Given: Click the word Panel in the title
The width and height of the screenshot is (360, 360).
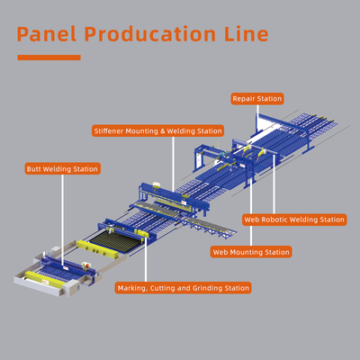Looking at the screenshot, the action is coord(47,33).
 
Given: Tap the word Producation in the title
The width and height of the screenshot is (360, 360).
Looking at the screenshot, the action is coord(150,33).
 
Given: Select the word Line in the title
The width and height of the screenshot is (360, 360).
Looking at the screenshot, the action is coord(247,33).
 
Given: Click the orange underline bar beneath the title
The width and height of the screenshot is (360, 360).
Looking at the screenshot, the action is coord(49,58).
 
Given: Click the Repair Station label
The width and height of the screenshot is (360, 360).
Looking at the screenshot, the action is coord(257,99).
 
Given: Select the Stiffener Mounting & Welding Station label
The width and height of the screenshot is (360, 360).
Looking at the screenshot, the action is coord(157,130).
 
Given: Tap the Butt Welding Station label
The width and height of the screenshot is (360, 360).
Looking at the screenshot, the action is coord(62,169).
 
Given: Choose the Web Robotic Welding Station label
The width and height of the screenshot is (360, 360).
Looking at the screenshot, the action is coord(294,220).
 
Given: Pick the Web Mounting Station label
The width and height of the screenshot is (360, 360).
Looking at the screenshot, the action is coord(251,252).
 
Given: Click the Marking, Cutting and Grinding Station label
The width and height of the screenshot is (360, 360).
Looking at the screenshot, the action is coord(183,288).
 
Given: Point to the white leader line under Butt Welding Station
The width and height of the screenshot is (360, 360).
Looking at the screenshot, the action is coord(62,220).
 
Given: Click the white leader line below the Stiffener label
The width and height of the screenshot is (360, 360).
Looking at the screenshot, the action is coord(173,164).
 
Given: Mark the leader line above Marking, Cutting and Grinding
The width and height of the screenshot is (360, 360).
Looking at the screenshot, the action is coord(146,260).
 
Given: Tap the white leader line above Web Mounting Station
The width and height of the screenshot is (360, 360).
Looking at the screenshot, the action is coord(251,212).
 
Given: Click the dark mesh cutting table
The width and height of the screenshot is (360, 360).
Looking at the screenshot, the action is coord(115,240).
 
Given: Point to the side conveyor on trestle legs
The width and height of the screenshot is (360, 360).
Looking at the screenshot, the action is coord(210,227).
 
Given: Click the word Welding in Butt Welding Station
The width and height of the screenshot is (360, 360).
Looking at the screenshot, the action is coord(57,169).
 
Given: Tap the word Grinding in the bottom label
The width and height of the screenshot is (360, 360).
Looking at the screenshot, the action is coord(208,288).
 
